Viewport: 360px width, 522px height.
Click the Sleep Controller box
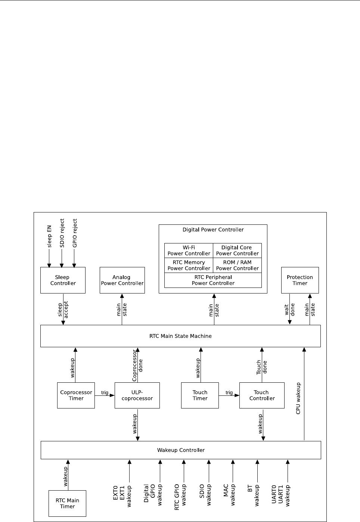(63, 280)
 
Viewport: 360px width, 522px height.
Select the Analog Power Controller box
(122, 280)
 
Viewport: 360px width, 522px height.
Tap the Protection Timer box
(300, 280)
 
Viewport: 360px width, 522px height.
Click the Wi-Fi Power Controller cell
(189, 250)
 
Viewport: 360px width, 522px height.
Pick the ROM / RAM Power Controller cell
(237, 265)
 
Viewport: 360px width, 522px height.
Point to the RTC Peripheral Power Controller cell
(213, 280)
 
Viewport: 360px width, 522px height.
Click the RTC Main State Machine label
(180, 336)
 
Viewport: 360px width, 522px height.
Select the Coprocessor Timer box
(76, 395)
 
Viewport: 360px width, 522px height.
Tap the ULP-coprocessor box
(137, 395)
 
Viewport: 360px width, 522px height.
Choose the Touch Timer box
(200, 395)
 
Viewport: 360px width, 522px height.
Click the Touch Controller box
(262, 395)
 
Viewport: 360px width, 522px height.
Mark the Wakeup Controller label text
(181, 450)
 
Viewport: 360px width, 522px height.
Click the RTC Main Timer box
(67, 503)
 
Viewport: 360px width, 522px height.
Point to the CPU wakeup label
(298, 398)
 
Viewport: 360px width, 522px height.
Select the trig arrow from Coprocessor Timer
(105, 395)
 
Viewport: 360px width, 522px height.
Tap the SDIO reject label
(62, 233)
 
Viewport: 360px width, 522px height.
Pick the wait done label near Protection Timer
(290, 310)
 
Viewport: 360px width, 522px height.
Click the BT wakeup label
(254, 495)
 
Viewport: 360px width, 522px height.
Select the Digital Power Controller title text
(213, 230)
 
